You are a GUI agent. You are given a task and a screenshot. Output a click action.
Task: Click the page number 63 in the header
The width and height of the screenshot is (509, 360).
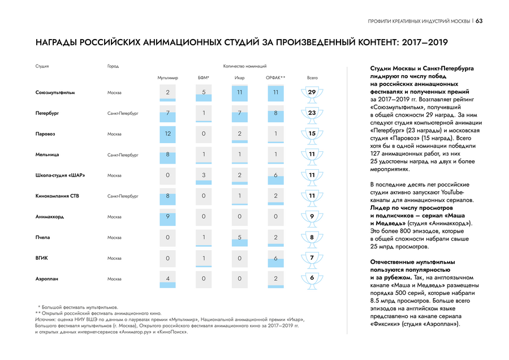pyautogui.click(x=479, y=22)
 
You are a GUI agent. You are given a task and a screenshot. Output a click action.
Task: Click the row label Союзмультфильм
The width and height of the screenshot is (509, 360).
pyautogui.click(x=55, y=92)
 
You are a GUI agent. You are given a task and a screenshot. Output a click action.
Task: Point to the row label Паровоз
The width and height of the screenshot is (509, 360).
pyautogui.click(x=45, y=134)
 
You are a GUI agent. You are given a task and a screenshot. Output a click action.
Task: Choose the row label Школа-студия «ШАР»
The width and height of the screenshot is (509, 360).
pyautogui.click(x=60, y=175)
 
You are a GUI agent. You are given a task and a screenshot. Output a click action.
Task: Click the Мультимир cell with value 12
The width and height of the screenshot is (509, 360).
pyautogui.click(x=168, y=134)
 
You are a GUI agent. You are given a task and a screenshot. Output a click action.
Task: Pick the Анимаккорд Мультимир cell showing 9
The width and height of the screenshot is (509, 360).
pyautogui.click(x=168, y=216)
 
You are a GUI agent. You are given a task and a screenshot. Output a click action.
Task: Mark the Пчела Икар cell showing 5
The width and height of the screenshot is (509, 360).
pyautogui.click(x=240, y=237)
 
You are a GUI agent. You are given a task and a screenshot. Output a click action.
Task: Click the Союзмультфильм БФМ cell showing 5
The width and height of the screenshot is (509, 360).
pyautogui.click(x=204, y=92)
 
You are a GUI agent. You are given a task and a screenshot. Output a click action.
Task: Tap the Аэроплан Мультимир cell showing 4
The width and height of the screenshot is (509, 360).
pyautogui.click(x=168, y=278)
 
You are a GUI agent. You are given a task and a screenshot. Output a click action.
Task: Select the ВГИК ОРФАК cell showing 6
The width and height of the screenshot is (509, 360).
pyautogui.click(x=275, y=258)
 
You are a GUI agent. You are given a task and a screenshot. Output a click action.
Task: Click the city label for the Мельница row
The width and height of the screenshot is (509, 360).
pyautogui.click(x=123, y=155)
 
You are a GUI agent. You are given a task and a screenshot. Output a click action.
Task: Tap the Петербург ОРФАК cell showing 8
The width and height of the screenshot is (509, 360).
pyautogui.click(x=275, y=113)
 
